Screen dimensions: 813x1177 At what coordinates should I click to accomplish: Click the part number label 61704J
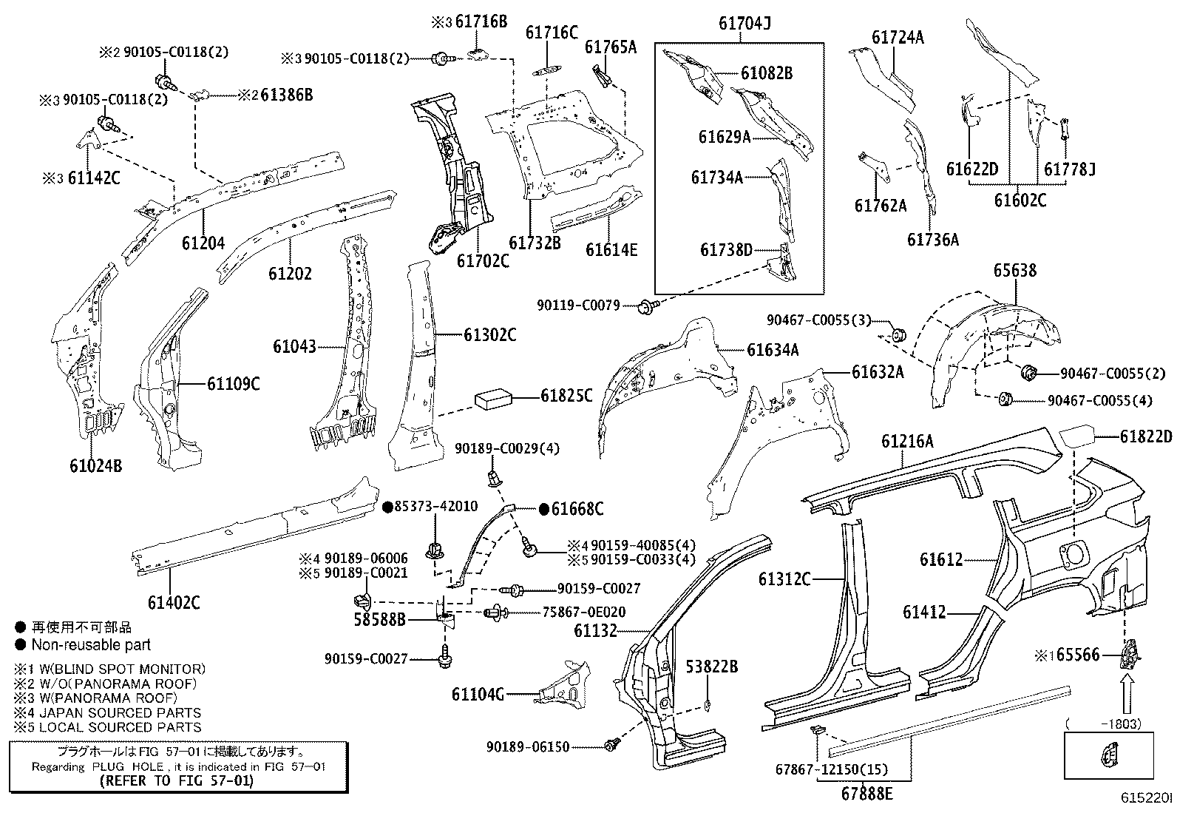pyautogui.click(x=744, y=24)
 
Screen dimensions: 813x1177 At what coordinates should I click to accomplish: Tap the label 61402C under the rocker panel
pyautogui.click(x=174, y=602)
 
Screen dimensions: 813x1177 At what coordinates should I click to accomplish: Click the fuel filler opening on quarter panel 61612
pyautogui.click(x=1073, y=552)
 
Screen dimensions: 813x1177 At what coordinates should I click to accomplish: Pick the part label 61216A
pyautogui.click(x=907, y=442)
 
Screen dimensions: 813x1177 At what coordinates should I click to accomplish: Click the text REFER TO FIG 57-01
pyautogui.click(x=177, y=780)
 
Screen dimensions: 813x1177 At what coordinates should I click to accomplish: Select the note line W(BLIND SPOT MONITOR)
pyautogui.click(x=118, y=669)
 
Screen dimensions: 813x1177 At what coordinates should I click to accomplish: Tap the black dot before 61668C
pyautogui.click(x=544, y=509)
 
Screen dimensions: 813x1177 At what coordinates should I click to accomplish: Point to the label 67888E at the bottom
pyautogui.click(x=866, y=794)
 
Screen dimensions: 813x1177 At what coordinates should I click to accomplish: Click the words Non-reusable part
pyautogui.click(x=91, y=644)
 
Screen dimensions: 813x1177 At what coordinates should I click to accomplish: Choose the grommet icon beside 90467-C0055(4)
pyautogui.click(x=1004, y=400)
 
